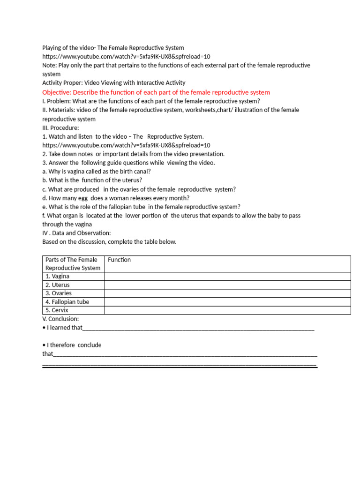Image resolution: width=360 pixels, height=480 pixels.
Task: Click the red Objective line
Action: click(156, 92)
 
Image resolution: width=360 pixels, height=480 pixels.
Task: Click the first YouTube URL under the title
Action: click(126, 57)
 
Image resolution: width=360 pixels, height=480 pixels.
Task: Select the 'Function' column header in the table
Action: click(119, 260)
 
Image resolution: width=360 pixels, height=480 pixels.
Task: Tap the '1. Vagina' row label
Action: click(57, 277)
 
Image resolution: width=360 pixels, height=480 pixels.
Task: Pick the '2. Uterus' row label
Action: click(58, 285)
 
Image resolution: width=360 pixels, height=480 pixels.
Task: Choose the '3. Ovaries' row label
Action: click(59, 293)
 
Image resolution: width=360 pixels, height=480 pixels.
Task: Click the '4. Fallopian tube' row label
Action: click(67, 302)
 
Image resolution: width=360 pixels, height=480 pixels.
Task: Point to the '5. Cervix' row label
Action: click(57, 310)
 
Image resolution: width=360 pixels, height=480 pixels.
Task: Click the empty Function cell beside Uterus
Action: click(227, 285)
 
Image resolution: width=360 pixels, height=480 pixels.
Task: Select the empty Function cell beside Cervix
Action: click(227, 310)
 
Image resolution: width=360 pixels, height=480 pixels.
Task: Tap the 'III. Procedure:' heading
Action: click(61, 127)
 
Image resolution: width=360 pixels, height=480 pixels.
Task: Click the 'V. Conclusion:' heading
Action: click(60, 319)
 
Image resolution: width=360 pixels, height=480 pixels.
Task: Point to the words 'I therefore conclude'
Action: click(74, 345)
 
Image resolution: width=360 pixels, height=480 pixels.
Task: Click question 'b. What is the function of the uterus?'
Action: click(92, 180)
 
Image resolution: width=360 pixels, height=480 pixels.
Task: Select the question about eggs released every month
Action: click(116, 198)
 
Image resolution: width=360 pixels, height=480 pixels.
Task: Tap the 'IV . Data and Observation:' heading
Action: click(76, 233)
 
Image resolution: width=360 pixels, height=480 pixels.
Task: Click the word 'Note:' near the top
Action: click(49, 66)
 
